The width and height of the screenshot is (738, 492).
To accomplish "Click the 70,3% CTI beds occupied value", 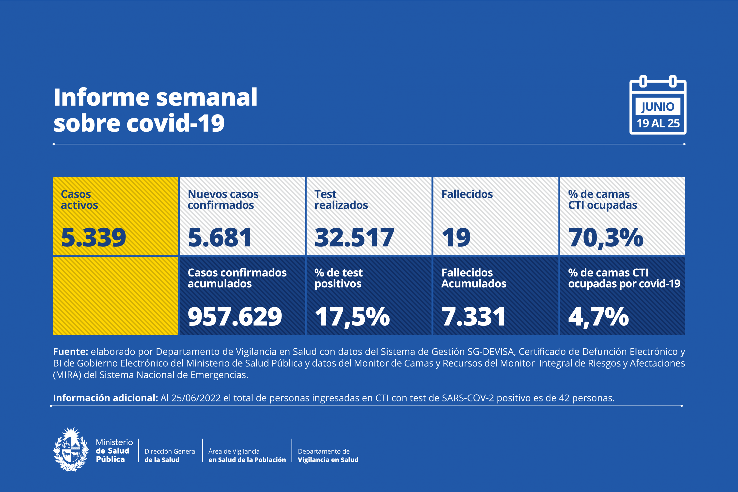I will tap(606, 238).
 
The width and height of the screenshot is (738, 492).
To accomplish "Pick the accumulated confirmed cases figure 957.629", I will tap(235, 316).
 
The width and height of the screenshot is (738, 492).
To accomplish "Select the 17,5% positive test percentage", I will tap(352, 317).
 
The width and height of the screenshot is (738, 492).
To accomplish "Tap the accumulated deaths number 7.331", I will tap(473, 316).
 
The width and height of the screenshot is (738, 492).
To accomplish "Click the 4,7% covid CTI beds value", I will tap(598, 317).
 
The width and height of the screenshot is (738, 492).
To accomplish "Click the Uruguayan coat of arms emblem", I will tap(71, 449).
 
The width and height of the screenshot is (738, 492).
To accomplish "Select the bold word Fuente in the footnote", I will tap(70, 352).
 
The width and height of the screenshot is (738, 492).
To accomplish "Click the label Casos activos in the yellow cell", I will tap(79, 200).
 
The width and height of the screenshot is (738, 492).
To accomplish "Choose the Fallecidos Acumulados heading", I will tap(473, 278).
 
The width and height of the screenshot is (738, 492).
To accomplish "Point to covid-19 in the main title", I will tap(175, 123).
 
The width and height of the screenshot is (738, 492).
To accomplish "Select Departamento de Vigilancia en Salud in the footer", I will tap(328, 455).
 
